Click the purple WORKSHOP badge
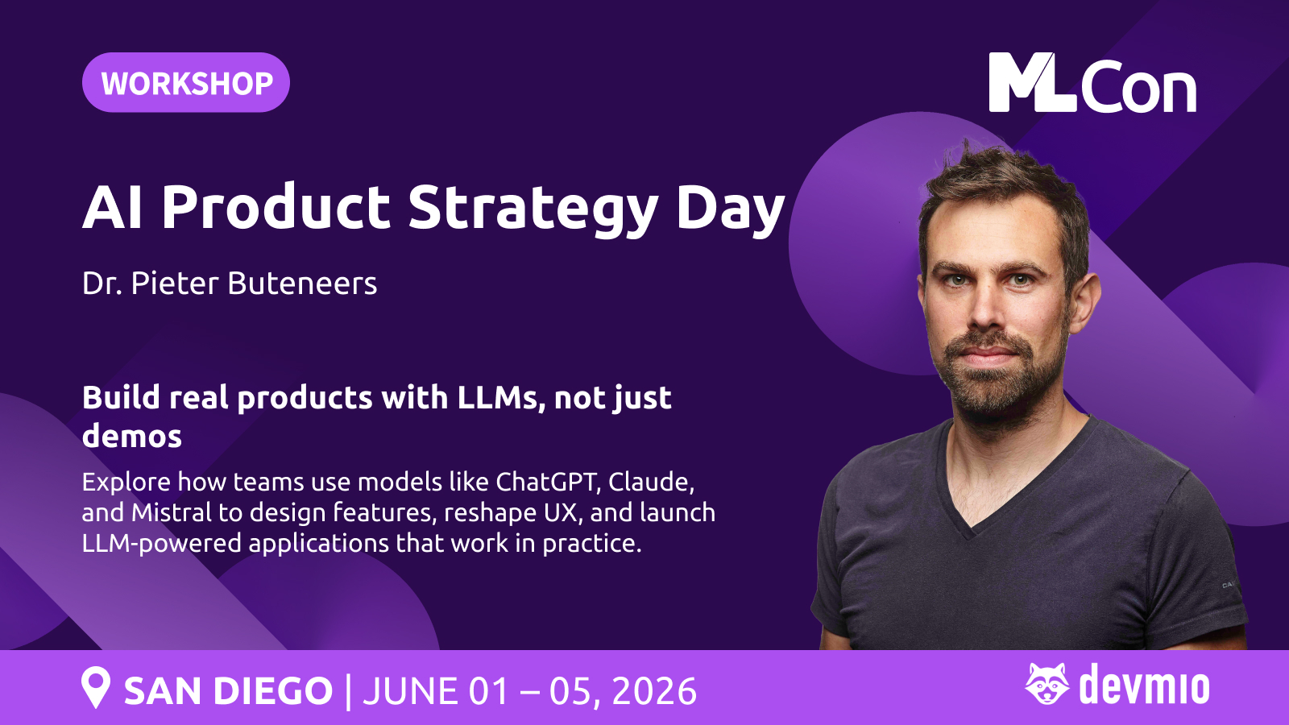(186, 82)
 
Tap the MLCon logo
(1092, 83)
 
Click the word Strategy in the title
(533, 208)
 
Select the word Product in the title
(276, 206)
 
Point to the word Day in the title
(731, 209)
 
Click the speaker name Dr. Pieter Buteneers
(230, 283)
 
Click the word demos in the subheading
(132, 436)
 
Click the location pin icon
(96, 687)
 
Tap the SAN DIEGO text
(229, 690)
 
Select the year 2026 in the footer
(654, 691)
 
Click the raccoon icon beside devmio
(1047, 684)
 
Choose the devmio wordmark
(1144, 685)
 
